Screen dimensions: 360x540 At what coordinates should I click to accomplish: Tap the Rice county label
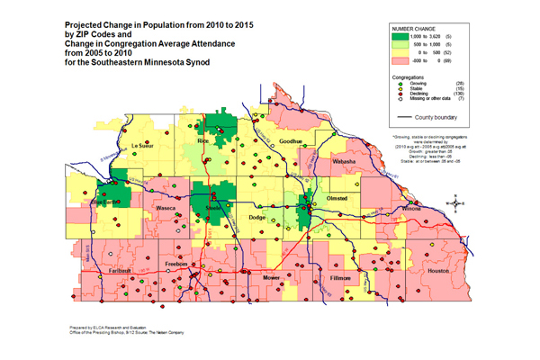(x=203, y=141)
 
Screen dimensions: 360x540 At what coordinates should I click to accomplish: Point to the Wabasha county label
(x=345, y=161)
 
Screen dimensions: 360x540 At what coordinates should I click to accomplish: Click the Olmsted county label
(x=336, y=196)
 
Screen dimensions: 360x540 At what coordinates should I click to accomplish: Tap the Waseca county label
(x=166, y=208)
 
